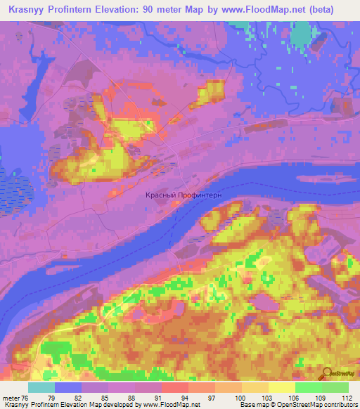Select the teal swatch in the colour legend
41,387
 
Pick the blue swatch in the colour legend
67,387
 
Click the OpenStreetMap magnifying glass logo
328,375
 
